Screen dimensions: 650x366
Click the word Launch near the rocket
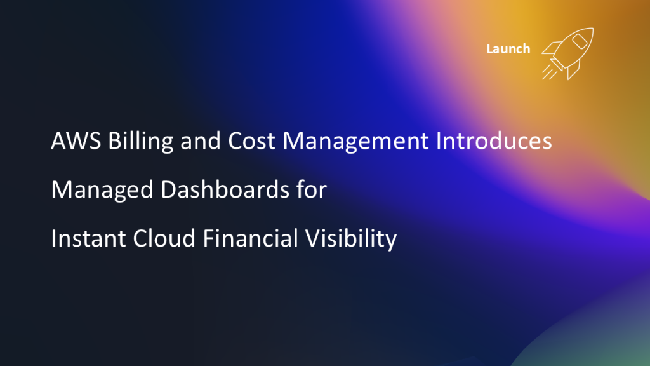[508, 49]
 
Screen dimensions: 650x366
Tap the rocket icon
[567, 53]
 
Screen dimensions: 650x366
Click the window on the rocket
[580, 41]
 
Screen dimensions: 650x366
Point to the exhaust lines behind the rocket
[550, 71]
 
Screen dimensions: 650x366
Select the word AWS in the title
[76, 140]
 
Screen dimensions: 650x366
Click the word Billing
[140, 142]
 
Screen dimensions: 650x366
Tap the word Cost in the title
[251, 140]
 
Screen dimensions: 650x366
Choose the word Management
[355, 142]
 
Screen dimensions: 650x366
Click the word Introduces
[494, 140]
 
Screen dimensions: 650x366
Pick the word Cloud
[164, 238]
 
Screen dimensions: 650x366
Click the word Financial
[250, 238]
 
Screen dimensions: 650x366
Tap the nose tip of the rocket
[593, 28]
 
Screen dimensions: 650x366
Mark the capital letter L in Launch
[490, 49]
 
